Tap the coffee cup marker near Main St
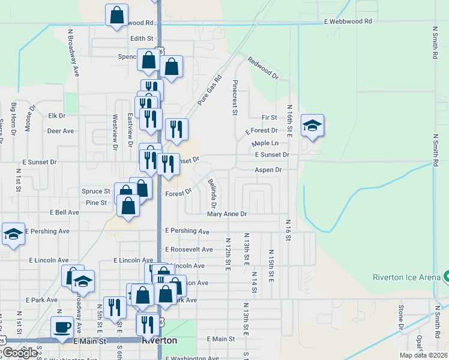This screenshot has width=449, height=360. [62, 328]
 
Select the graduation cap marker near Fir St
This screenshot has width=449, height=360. [312, 125]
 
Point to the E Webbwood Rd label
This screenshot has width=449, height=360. [348, 21]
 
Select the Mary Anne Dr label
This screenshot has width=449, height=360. [227, 214]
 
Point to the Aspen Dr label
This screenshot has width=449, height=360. [268, 170]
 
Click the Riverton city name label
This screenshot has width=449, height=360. [159, 340]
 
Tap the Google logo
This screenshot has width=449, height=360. [20, 352]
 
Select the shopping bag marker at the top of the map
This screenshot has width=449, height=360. [116, 14]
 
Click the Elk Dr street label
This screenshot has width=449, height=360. [56, 115]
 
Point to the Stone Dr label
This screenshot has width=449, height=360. [402, 317]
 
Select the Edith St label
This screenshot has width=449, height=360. [134, 38]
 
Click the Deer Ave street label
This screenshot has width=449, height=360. [60, 130]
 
